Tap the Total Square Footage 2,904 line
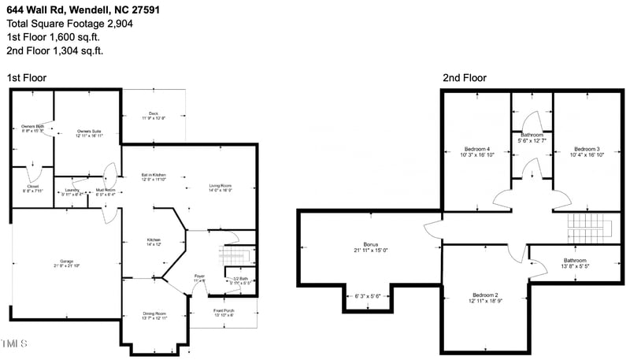click(x=70, y=23)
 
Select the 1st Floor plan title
click(x=27, y=78)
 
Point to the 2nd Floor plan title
click(x=464, y=78)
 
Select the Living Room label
click(x=220, y=186)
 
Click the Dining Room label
click(x=154, y=314)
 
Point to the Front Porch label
click(x=224, y=311)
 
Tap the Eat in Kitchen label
click(x=154, y=174)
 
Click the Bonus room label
click(x=371, y=244)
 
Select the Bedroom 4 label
click(x=476, y=149)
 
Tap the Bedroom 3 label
click(x=587, y=149)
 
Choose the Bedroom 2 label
click(x=484, y=295)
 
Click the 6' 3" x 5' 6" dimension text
click(x=368, y=296)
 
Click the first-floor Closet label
click(x=32, y=186)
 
